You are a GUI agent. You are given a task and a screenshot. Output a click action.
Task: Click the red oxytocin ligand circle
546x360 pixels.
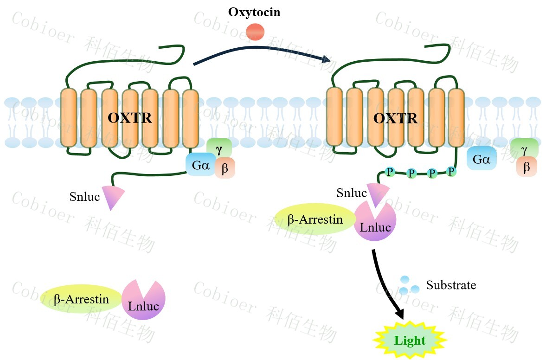pyautogui.click(x=255, y=32)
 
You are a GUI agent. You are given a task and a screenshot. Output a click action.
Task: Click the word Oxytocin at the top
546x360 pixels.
pyautogui.click(x=254, y=12)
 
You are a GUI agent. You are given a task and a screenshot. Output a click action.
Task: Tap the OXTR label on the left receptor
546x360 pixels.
pyautogui.click(x=129, y=118)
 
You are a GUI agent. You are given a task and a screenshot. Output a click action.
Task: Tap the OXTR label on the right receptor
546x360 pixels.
pyautogui.click(x=395, y=118)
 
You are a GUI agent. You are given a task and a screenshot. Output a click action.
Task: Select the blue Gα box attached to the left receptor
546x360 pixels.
pyautogui.click(x=200, y=165)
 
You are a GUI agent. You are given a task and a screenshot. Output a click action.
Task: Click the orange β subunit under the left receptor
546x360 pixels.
pyautogui.click(x=225, y=168)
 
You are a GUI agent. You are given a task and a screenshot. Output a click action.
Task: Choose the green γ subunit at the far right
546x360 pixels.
pyautogui.click(x=524, y=148)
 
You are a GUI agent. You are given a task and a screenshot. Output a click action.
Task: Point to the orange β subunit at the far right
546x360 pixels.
pyautogui.click(x=527, y=167)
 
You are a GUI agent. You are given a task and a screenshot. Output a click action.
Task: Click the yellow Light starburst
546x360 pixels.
pyautogui.click(x=410, y=341)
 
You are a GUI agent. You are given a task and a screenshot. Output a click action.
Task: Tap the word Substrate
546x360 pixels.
pyautogui.click(x=451, y=285)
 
